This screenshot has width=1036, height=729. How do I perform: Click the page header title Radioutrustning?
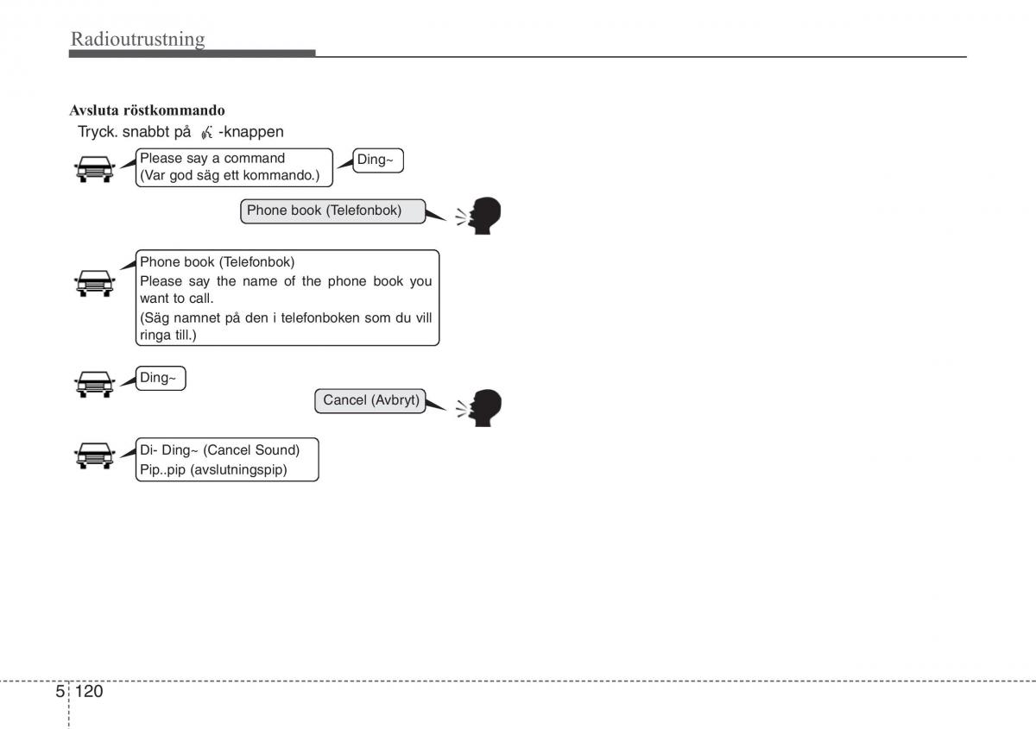138,39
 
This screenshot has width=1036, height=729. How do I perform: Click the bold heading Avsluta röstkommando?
147,110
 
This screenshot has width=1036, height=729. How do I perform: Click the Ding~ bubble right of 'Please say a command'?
379,160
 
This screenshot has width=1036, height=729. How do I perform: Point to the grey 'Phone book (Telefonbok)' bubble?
332,211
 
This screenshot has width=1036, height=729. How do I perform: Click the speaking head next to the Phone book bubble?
480,216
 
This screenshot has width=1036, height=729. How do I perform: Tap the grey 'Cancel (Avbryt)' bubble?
371,401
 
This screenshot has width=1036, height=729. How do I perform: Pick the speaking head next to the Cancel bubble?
480,407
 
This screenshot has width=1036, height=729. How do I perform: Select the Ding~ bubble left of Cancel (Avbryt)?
161,378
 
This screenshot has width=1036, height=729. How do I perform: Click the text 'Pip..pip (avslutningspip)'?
213,470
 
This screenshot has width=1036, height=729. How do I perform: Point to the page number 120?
89,691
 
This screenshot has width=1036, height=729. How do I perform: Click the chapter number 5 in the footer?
60,691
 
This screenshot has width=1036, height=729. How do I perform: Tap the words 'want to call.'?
176,299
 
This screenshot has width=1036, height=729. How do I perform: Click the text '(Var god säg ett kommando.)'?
230,175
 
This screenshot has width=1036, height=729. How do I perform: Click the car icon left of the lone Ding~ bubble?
94,383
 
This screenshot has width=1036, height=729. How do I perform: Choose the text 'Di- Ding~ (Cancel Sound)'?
219,449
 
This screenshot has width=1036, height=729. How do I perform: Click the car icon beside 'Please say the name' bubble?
94,282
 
